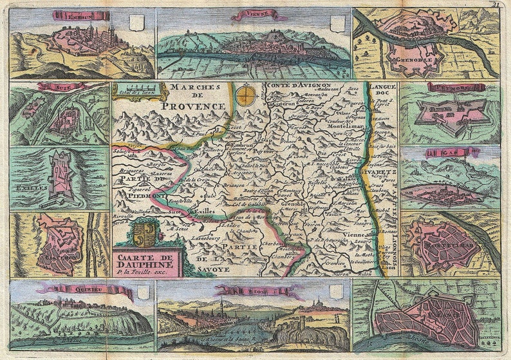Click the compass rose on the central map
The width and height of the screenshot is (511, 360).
coord(244,96)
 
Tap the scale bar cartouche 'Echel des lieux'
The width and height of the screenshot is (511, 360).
coord(133,91)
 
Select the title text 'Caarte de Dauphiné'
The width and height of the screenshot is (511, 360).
coord(145,259)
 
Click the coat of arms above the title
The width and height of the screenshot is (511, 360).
coord(145,233)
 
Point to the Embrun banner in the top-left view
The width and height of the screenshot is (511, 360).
coord(71,15)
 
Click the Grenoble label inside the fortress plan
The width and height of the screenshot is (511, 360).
coord(418,62)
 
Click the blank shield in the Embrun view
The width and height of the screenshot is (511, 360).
coord(135,24)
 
